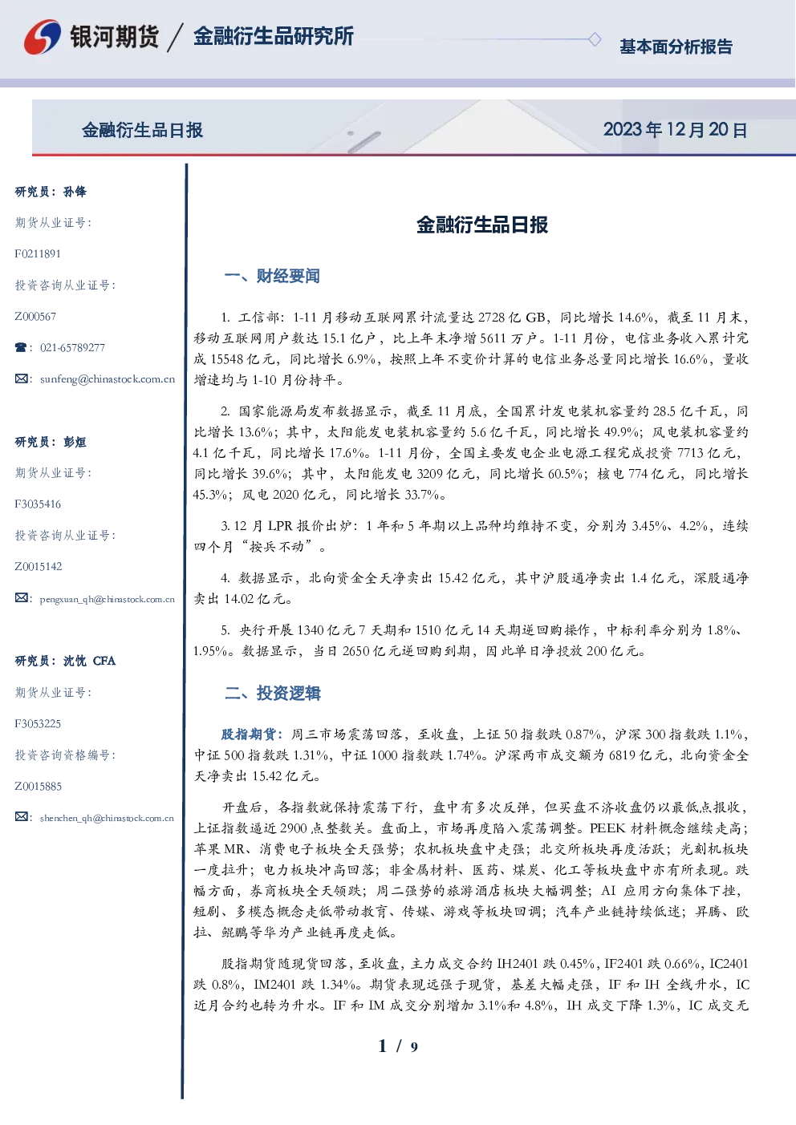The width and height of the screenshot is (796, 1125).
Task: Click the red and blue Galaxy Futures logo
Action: point(43,37)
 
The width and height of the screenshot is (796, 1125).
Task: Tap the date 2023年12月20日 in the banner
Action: point(676,130)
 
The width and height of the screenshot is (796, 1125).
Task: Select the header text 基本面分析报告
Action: point(676,47)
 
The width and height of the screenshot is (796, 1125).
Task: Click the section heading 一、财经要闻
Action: point(272,276)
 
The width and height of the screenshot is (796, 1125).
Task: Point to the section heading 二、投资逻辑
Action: point(272,693)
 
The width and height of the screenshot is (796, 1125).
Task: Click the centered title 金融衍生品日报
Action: point(482,225)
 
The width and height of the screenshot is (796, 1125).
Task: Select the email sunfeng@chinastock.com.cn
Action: point(108,379)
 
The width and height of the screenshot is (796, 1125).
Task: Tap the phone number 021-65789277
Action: point(73,347)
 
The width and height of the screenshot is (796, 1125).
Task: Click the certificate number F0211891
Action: point(38,253)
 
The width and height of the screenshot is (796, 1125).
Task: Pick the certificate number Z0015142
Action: point(39,567)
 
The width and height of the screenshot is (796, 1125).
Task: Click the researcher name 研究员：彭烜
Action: point(51,442)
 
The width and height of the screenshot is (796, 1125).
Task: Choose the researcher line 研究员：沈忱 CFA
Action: point(65,661)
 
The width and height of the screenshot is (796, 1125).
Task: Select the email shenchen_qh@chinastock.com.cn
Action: point(107,818)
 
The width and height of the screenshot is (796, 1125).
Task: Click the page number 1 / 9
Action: point(398,1046)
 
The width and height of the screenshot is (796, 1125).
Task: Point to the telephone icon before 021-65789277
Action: point(21,347)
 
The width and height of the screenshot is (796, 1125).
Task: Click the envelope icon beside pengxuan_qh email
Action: point(21,598)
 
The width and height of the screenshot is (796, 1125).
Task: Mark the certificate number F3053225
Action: point(38,724)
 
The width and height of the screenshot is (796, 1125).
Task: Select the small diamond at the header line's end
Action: point(595,39)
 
